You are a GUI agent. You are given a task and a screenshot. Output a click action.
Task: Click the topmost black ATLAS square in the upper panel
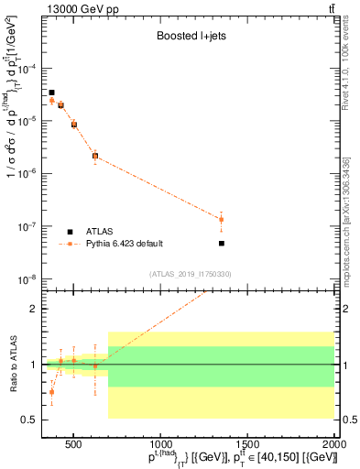pos(52,93)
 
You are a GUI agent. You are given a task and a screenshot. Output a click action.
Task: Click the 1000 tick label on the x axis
pos(160,441)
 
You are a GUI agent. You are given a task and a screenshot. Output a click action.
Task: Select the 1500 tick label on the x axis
pos(247,441)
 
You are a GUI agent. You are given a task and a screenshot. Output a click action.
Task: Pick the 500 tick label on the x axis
pos(74,441)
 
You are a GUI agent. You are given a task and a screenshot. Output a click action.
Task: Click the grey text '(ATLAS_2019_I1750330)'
pos(190,274)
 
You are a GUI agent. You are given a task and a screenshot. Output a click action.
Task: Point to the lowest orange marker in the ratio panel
pos(52,391)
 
